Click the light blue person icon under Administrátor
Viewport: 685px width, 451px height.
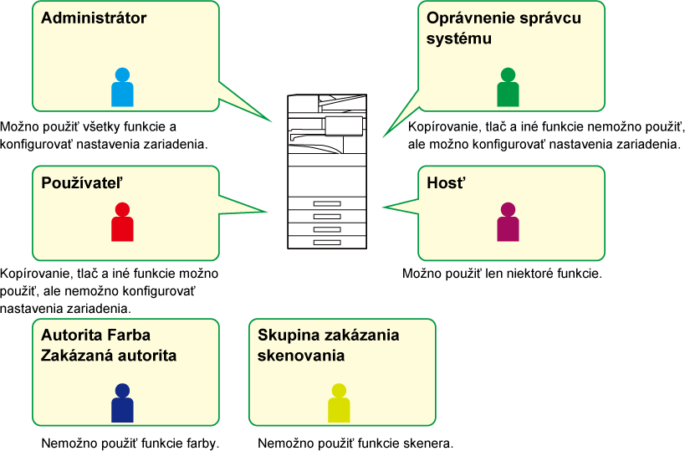pos(122,88)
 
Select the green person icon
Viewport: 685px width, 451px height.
pos(508,88)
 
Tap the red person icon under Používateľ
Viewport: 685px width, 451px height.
pos(122,223)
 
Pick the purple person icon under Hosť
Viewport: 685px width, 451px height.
pos(508,223)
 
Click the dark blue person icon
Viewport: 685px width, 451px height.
pos(122,403)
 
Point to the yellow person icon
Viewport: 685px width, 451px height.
pos(339,403)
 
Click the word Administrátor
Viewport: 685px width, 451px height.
pos(94,18)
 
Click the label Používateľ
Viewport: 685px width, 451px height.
pos(83,182)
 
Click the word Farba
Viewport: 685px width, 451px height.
pos(129,336)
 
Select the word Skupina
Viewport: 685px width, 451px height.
pos(287,336)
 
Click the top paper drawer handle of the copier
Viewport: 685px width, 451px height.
pos(327,204)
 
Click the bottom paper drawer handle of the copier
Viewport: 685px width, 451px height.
pos(327,242)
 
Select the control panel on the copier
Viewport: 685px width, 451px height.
pos(344,126)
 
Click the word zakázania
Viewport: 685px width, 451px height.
pos(360,336)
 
